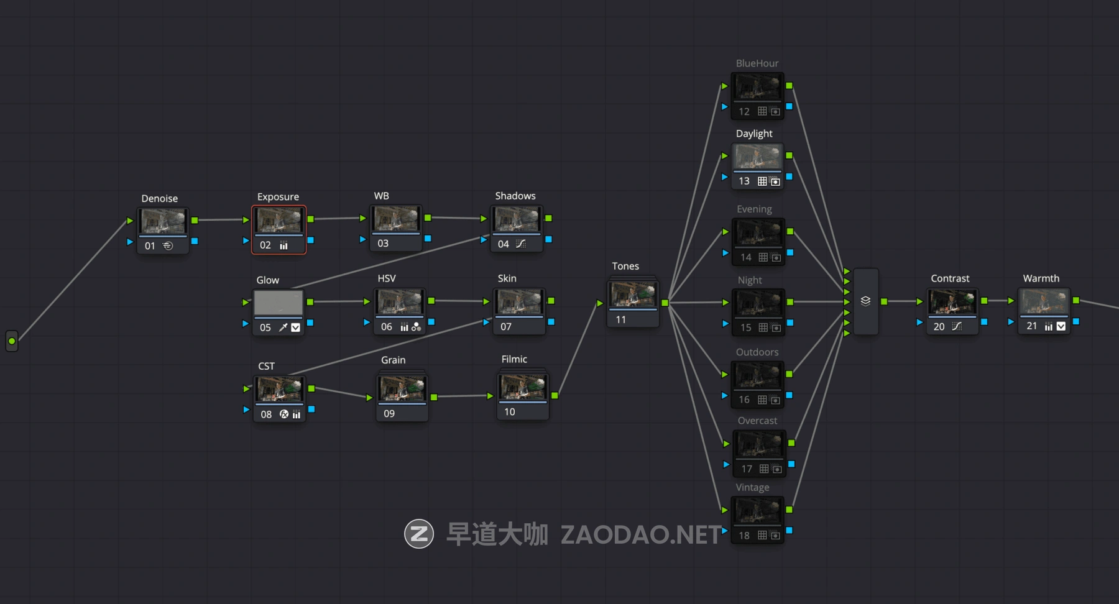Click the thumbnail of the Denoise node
pos(163,221)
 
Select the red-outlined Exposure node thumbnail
pos(279,221)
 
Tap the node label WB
pos(381,196)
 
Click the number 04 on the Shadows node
pos(503,244)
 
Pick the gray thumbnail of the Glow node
pos(279,303)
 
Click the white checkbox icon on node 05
pos(296,327)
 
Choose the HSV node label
pos(386,278)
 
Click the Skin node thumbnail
pos(519,302)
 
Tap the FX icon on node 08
pos(284,414)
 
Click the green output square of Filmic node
pos(555,395)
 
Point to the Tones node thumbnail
pos(633,295)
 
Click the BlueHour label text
pos(757,63)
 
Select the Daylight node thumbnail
pos(757,157)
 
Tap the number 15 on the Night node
pos(745,327)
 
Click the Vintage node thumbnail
pos(757,511)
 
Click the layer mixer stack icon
pos(865,301)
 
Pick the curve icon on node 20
pos(957,326)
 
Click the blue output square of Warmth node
pos(1076,321)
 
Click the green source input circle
pos(12,341)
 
